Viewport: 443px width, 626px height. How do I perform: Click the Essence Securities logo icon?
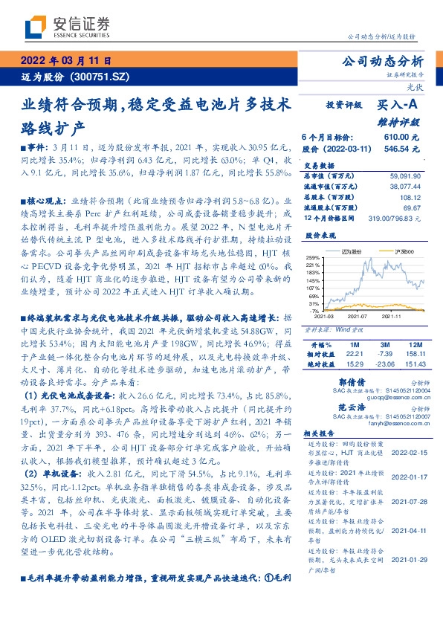pos(34,27)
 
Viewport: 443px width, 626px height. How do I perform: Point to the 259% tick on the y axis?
pos(313,256)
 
